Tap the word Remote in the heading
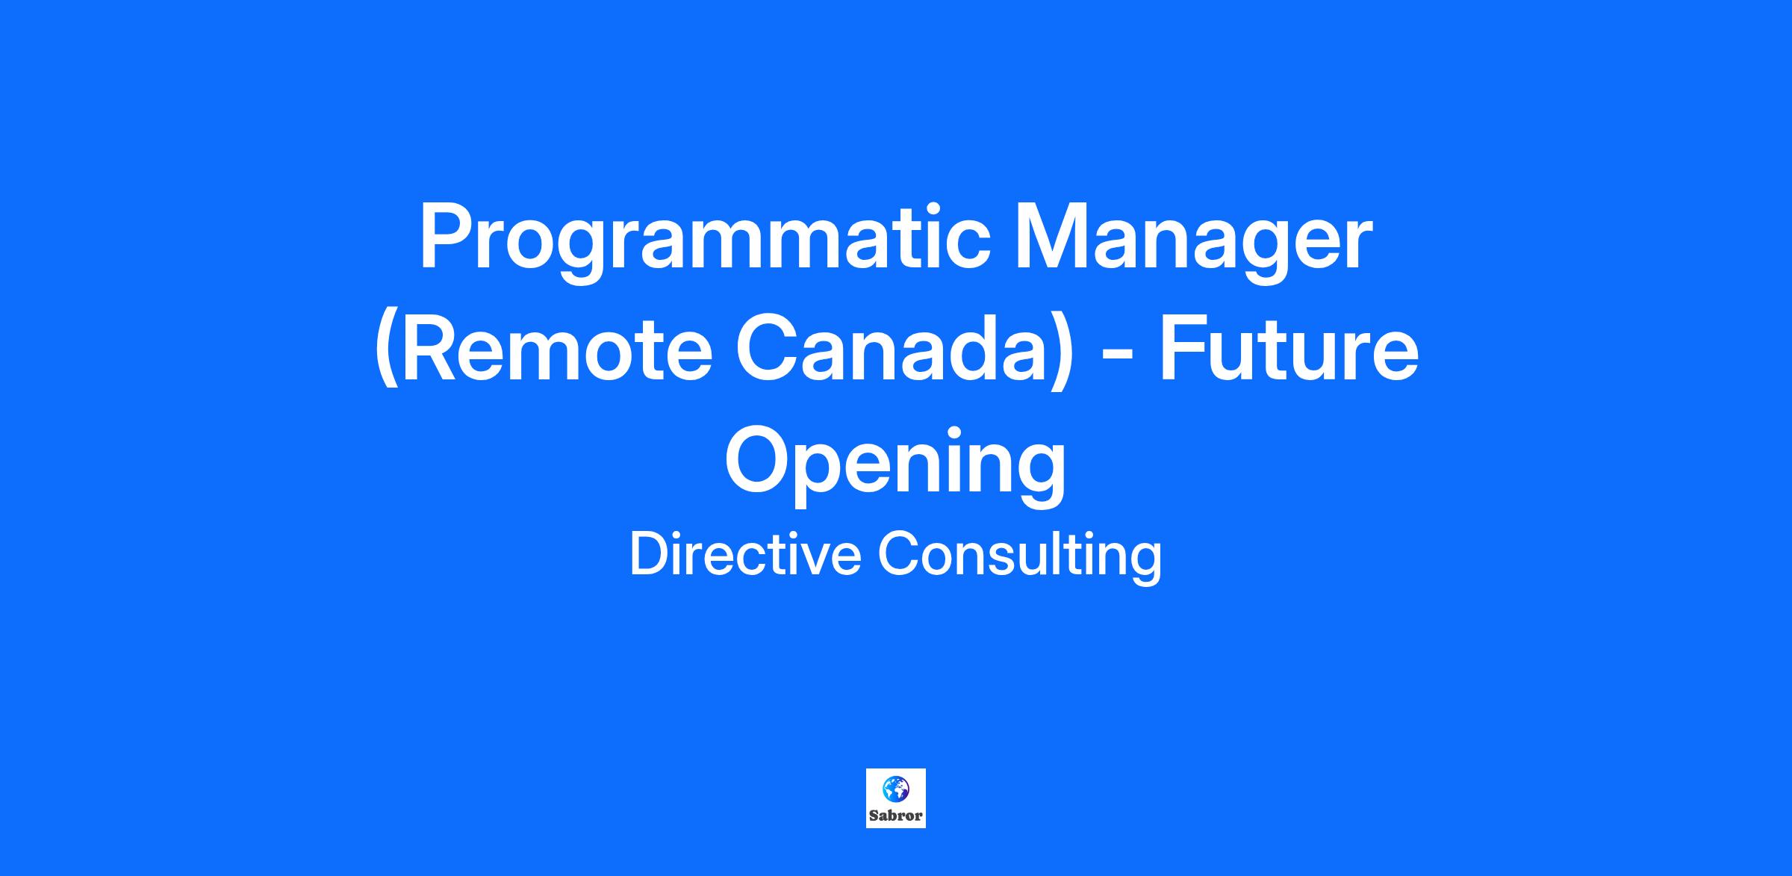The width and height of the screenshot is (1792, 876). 543,350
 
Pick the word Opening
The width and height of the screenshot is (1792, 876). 895,463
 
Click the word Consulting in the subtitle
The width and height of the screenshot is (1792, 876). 1019,556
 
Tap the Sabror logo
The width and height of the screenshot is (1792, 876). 895,798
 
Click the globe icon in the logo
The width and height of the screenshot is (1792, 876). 895,788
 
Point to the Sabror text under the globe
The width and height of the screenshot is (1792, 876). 895,816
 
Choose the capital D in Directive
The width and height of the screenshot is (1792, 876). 650,553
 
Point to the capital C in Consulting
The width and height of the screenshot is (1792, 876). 899,553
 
